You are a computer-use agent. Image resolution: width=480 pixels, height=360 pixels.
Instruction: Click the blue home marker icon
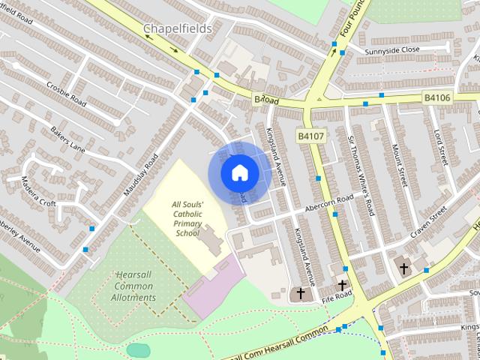click(239, 173)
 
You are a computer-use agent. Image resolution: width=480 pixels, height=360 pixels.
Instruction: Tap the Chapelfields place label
click(177, 28)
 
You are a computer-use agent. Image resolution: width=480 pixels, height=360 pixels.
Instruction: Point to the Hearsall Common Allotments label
click(135, 286)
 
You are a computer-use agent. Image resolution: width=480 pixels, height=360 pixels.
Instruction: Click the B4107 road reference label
click(310, 136)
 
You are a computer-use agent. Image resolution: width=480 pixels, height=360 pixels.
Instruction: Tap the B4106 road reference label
click(438, 97)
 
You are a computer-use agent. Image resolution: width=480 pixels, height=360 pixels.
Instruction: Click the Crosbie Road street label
click(67, 94)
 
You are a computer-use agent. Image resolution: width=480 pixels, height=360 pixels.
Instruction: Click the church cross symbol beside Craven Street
click(403, 268)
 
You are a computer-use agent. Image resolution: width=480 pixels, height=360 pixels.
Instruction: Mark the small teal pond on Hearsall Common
click(139, 350)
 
